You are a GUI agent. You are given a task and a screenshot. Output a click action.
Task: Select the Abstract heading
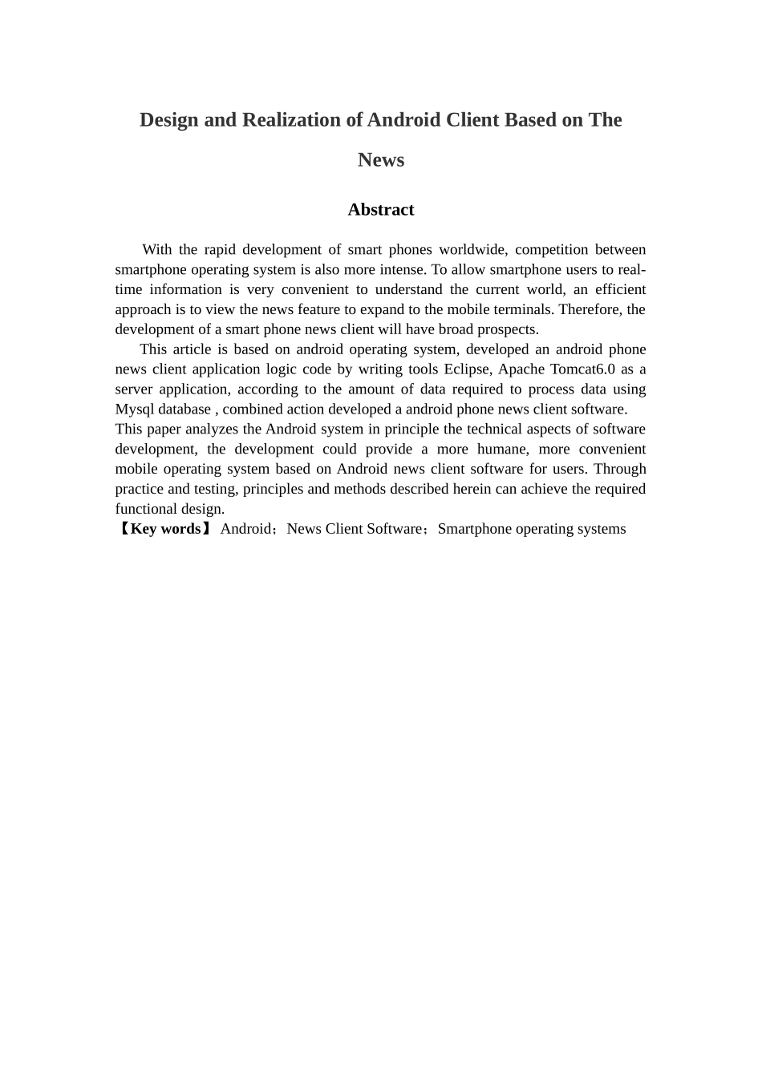click(381, 210)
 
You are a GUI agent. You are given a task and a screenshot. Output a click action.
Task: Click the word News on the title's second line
click(381, 160)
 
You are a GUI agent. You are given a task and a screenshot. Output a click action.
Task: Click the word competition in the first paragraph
click(550, 250)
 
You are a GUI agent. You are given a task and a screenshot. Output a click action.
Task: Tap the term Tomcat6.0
click(582, 369)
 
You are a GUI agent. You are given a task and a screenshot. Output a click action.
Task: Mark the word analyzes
click(211, 430)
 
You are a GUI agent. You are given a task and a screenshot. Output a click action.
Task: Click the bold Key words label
click(165, 529)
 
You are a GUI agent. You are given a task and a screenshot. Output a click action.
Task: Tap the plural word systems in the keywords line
click(601, 529)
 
